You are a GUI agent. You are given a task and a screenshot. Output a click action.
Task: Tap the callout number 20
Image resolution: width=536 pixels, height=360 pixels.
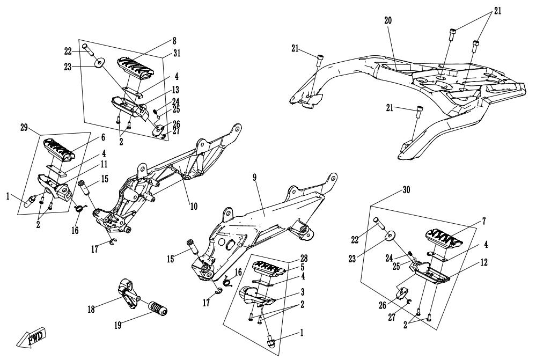click(x=387, y=20)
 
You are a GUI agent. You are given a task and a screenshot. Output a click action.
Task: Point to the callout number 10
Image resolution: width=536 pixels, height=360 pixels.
click(x=194, y=207)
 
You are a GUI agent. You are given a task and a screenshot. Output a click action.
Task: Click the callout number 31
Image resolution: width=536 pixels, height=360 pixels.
click(x=177, y=53)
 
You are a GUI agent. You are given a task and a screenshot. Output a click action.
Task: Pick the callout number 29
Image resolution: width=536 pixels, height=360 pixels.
click(x=24, y=128)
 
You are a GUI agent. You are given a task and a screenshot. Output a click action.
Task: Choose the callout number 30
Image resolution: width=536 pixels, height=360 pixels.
click(x=406, y=190)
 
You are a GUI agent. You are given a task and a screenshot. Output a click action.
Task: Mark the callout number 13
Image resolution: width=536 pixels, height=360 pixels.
click(x=175, y=90)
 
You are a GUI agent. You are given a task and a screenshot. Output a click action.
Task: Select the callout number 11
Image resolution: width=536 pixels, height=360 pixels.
click(x=104, y=164)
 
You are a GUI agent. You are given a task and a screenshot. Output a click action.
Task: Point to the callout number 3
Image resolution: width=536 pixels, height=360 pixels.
click(x=302, y=292)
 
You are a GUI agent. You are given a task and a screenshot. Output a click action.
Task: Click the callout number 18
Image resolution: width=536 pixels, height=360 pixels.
click(x=92, y=310)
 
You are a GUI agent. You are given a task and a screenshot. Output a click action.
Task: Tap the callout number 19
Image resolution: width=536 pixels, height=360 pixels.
click(x=118, y=325)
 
